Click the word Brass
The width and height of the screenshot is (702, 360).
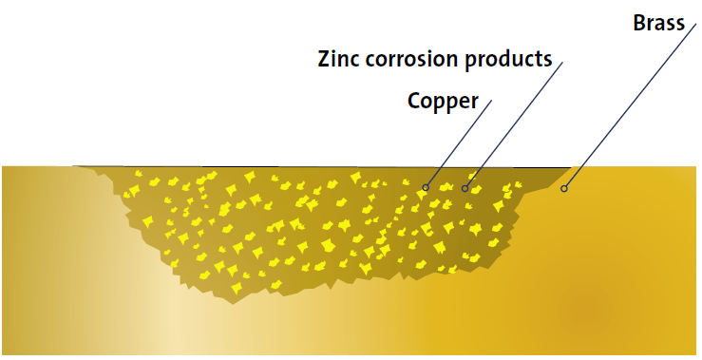pyautogui.click(x=658, y=22)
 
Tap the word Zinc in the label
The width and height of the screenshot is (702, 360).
pyautogui.click(x=338, y=59)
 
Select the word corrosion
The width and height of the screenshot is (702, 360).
pyautogui.click(x=413, y=59)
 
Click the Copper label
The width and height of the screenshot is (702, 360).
pyautogui.click(x=443, y=100)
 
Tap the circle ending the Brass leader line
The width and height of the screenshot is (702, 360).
pyautogui.click(x=563, y=188)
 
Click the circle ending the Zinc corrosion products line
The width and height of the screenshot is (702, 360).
pyautogui.click(x=465, y=188)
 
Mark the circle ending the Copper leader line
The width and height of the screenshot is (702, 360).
pyautogui.click(x=426, y=187)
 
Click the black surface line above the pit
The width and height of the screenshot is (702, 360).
pyautogui.click(x=323, y=166)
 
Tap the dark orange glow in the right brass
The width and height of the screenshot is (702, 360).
pyautogui.click(x=594, y=309)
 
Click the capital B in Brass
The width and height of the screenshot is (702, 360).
pyautogui.click(x=639, y=22)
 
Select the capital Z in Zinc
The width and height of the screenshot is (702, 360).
pyautogui.click(x=324, y=59)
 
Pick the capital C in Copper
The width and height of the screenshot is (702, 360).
pyautogui.click(x=415, y=100)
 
